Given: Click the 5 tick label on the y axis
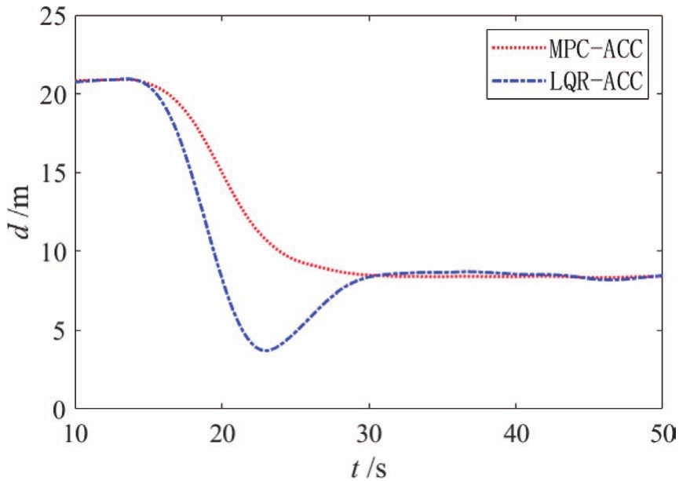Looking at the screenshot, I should (x=57, y=330).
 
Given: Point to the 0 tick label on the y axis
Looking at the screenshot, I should (x=57, y=409).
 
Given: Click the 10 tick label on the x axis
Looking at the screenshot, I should (x=76, y=433).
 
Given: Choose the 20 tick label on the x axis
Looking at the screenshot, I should (x=222, y=433).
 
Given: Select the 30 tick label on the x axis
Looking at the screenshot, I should (x=368, y=433).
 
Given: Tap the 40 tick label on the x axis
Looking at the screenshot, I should (x=515, y=433).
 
